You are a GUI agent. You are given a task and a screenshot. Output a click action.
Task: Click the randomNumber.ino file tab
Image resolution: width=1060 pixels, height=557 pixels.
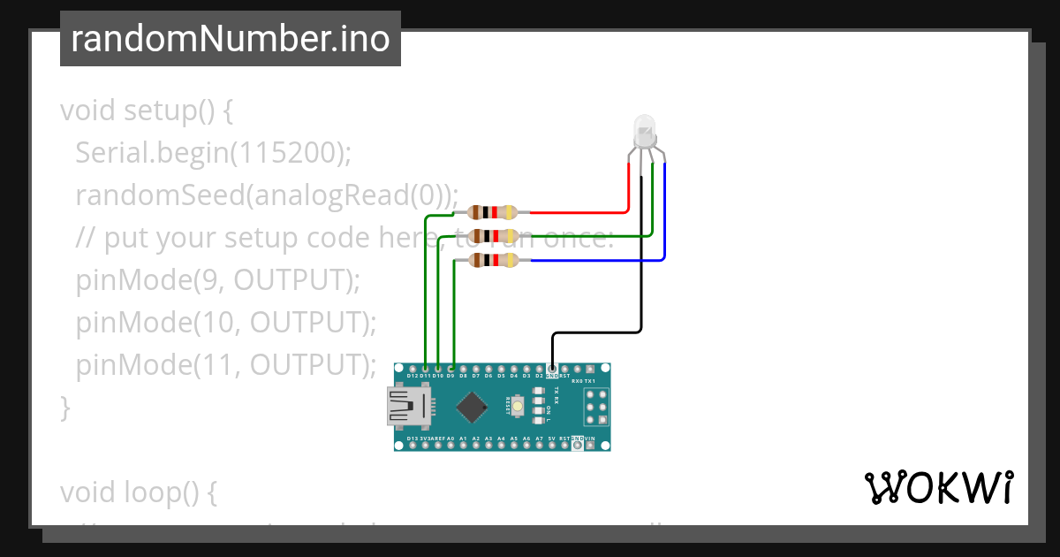(x=230, y=39)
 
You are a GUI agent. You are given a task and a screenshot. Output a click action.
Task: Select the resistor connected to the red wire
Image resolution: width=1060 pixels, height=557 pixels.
(x=493, y=212)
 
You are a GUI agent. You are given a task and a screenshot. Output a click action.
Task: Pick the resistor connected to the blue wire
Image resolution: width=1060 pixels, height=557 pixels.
(x=493, y=260)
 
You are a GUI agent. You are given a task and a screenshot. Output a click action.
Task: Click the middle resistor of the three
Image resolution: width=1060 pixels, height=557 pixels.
(x=493, y=236)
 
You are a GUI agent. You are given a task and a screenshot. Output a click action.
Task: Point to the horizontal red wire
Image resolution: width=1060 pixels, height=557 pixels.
(x=579, y=213)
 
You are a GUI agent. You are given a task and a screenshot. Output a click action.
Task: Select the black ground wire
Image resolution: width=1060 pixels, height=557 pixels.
(x=596, y=333)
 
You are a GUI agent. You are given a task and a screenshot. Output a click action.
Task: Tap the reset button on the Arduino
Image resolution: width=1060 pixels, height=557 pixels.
(x=518, y=407)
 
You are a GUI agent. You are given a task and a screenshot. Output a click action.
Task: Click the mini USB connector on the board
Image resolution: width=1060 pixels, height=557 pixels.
(x=409, y=408)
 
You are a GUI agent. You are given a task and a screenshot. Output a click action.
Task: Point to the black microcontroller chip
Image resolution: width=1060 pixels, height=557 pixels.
(x=472, y=407)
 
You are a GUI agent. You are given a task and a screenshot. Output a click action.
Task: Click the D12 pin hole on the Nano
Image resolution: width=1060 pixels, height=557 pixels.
(x=413, y=368)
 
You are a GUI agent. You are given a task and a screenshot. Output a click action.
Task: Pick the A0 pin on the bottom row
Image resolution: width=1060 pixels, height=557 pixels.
(x=450, y=446)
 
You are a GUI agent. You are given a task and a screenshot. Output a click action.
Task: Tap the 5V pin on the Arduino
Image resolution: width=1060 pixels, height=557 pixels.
(x=552, y=446)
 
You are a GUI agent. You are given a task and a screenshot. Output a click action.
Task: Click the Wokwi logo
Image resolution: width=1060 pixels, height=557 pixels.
(x=938, y=487)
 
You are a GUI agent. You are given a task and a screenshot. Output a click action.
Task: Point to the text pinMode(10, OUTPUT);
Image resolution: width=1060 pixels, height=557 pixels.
(x=226, y=322)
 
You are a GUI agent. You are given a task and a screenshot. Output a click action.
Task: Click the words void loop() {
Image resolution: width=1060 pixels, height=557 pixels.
(x=138, y=492)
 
